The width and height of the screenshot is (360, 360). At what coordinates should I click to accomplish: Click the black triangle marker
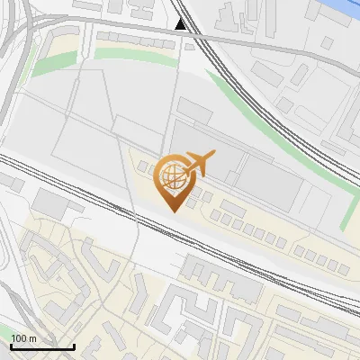click(181, 24)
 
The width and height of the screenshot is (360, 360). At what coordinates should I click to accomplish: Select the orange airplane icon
click(200, 164)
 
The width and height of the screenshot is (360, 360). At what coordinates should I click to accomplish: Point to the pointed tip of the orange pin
click(173, 211)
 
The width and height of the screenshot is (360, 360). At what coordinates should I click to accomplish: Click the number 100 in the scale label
click(19, 338)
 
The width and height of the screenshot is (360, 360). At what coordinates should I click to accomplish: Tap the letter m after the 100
click(32, 338)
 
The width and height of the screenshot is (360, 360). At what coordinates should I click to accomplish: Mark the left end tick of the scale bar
click(12, 345)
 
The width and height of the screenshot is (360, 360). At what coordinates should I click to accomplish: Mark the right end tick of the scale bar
click(74, 345)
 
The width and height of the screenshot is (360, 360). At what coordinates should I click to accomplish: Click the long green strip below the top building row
click(135, 53)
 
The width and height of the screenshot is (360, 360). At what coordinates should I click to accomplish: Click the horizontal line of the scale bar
click(42, 346)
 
